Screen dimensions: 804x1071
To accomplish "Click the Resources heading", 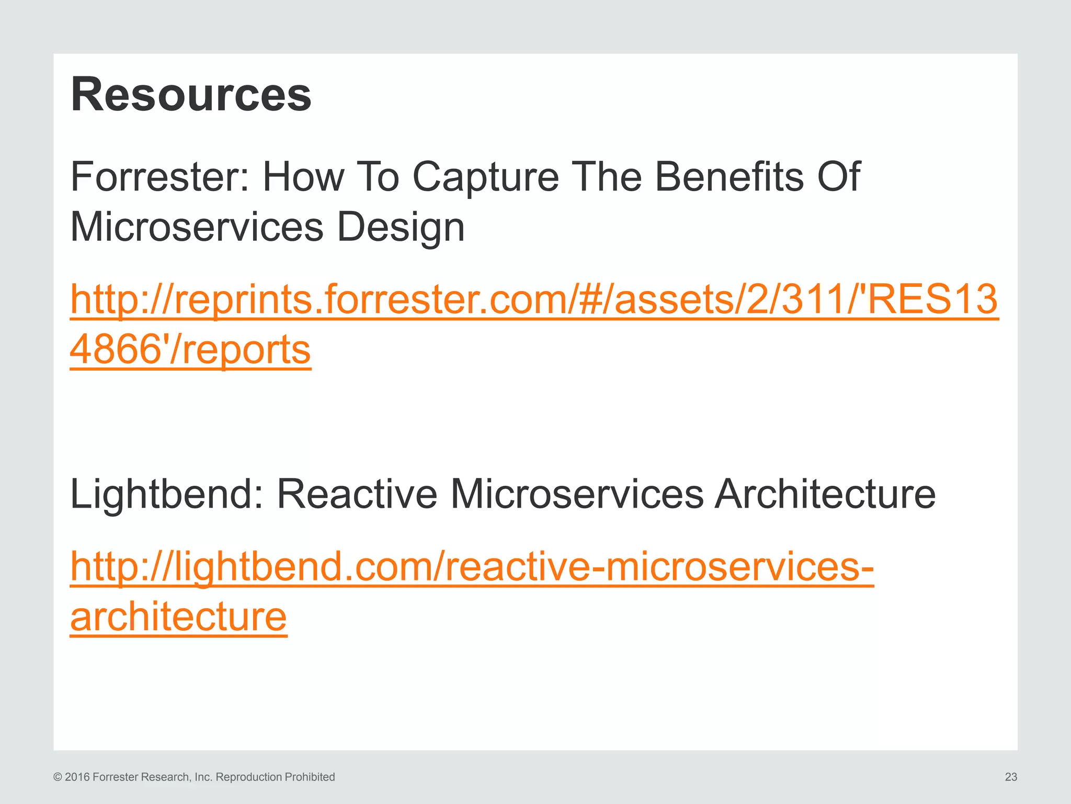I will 191,95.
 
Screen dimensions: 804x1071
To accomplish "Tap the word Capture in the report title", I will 485,177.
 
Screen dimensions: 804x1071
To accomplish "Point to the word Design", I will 401,228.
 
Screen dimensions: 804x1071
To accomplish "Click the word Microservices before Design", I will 197,228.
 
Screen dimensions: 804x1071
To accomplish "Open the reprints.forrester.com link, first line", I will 533,299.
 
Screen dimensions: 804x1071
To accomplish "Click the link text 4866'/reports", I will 190,350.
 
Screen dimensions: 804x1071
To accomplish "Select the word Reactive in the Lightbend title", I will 356,494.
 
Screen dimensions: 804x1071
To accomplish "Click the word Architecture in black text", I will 825,494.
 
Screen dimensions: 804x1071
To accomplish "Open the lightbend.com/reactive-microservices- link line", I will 472,567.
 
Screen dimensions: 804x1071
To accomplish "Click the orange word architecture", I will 178,617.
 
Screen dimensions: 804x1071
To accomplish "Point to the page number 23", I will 1010,777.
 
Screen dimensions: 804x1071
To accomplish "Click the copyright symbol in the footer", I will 58,777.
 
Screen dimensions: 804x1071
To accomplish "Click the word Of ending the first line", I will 839,177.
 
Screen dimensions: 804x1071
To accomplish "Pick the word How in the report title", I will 303,177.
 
